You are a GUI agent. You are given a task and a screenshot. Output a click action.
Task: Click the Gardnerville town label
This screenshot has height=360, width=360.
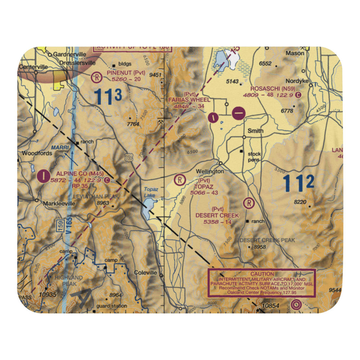pos(69,54)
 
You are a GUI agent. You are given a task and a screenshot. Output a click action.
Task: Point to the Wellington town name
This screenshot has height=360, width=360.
pos(210,171)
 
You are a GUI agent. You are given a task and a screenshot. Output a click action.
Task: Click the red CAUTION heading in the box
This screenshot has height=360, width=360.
pos(262,274)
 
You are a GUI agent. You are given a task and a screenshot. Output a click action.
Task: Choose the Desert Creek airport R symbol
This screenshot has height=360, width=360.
pos(249,203)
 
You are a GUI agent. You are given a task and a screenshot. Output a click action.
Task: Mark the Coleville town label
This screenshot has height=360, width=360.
pos(145,273)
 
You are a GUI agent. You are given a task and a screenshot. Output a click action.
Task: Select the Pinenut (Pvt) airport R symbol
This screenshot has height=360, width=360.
pos(96,76)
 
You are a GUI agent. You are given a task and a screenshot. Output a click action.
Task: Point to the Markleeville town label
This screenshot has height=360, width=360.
pos(59,203)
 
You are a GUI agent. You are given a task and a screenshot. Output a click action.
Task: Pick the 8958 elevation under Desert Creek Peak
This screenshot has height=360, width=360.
pos(260,247)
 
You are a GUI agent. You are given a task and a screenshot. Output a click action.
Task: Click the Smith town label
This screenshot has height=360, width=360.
pos(255,131)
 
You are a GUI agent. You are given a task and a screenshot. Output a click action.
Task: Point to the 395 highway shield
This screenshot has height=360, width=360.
pos(129,157)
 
